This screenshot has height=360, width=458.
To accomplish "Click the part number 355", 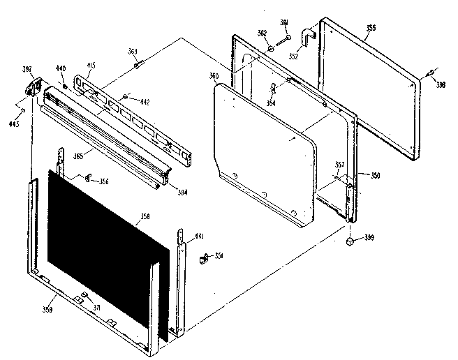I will pos(371,28).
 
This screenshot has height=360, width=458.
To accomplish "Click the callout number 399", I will pos(369,239).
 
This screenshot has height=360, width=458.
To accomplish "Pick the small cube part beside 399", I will pos(349,241).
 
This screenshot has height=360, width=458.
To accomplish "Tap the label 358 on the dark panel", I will pos(145,217).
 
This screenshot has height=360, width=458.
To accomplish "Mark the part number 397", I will pos(27,69).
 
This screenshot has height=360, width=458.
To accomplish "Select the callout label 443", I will pos(13,123).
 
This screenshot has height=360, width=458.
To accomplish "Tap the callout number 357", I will pos(339,165).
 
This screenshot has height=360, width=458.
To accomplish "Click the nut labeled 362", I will pos(269,49).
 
